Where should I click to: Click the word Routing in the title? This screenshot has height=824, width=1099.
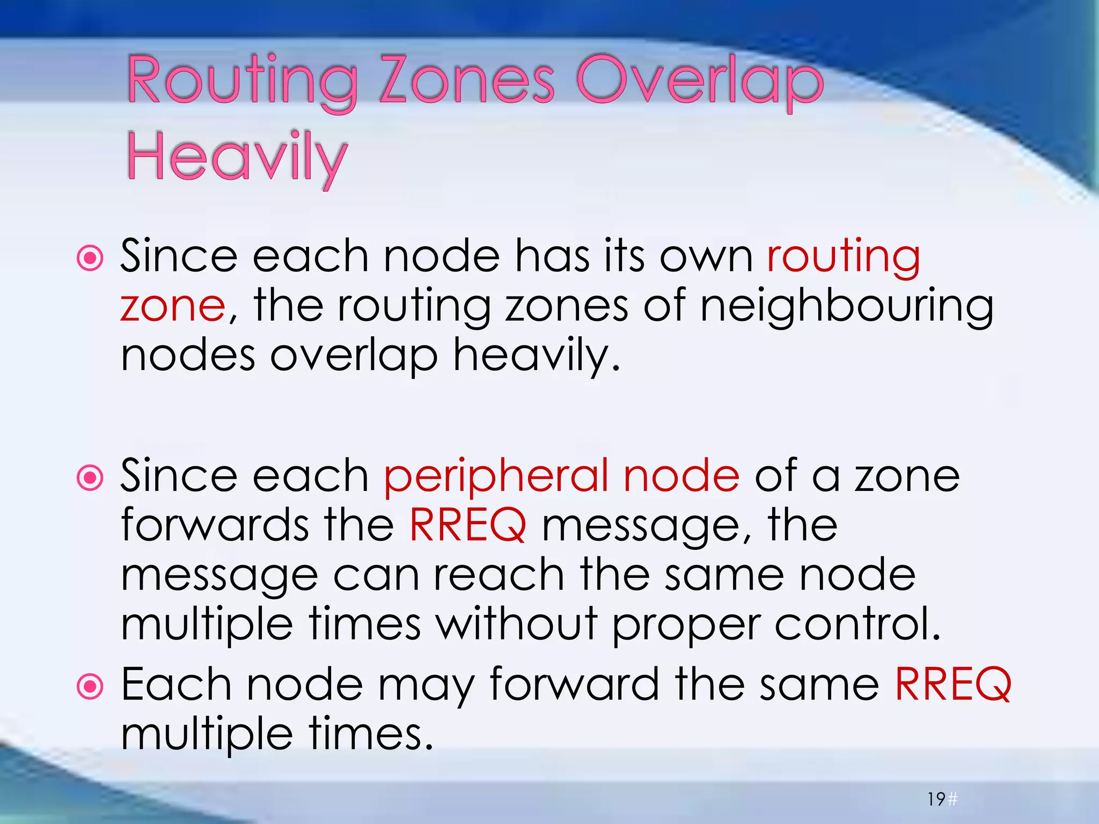point(242,83)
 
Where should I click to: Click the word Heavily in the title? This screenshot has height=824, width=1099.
point(237,159)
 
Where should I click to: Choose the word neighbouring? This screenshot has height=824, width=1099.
point(847,307)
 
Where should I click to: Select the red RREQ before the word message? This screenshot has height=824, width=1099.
point(467,525)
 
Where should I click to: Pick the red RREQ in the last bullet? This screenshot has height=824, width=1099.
point(953,685)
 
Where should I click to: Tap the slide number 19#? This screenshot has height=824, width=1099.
point(942,799)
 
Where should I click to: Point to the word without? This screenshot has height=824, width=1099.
point(516,623)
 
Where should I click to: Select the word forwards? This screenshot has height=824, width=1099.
point(214,525)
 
